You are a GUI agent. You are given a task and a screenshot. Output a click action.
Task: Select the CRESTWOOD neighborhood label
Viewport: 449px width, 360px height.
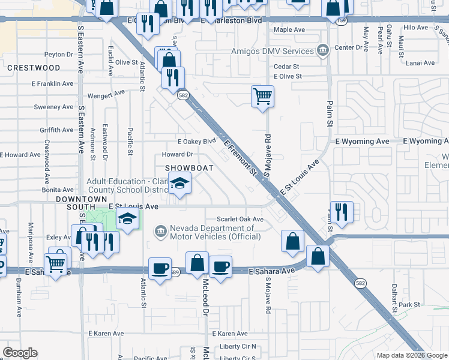tap(34, 68)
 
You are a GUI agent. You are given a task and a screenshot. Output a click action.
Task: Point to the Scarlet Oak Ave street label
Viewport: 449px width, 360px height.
tap(240, 220)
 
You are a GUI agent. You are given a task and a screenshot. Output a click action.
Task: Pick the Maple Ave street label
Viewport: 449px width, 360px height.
tap(291, 29)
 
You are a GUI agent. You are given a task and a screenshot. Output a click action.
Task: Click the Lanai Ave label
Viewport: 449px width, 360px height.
tap(420, 62)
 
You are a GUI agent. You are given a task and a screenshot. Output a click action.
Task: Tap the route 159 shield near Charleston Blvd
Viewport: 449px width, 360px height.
tap(342, 20)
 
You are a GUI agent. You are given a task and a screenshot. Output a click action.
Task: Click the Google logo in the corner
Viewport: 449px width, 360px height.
tap(20, 353)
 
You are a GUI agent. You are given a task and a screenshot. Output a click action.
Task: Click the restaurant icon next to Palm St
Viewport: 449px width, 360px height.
tap(341, 212)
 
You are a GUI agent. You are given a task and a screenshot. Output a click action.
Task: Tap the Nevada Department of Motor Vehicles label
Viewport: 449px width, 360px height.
tap(214, 232)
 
